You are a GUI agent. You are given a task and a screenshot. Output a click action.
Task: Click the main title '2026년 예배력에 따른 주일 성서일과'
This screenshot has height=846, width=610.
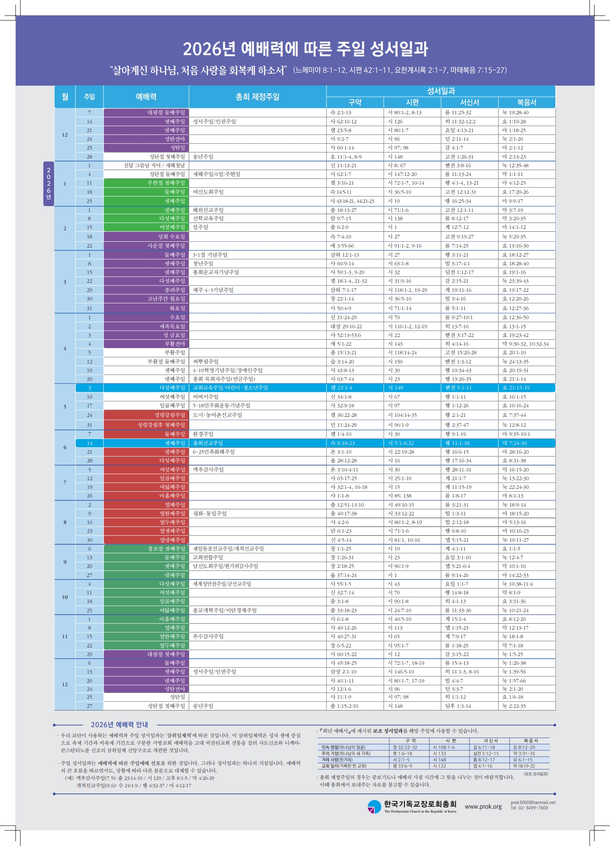point(305,49)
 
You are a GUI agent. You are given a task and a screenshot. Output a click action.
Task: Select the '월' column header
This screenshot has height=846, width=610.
point(65,97)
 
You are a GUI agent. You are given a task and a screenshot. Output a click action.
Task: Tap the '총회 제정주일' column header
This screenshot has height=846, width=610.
point(257,97)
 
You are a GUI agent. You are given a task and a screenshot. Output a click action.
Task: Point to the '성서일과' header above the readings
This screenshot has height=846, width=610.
point(441,91)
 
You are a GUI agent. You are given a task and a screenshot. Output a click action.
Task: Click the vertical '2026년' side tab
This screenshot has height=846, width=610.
point(48,183)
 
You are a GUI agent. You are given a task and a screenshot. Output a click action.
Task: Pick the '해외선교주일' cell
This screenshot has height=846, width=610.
point(208,210)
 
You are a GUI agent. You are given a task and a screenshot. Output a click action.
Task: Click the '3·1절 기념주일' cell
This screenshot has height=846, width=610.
point(210,255)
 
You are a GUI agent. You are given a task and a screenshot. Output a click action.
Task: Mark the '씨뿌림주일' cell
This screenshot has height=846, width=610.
point(206,362)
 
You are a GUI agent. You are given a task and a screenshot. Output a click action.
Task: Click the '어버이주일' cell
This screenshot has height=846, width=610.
point(206,397)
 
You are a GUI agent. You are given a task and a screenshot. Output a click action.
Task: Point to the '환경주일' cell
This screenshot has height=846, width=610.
point(203,434)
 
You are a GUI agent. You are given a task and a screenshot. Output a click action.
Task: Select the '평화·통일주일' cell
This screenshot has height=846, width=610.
point(210,514)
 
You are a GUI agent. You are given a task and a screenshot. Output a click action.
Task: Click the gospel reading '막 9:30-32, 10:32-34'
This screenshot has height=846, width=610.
point(525,344)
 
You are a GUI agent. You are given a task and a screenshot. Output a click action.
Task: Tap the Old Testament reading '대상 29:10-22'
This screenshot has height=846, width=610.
point(346,327)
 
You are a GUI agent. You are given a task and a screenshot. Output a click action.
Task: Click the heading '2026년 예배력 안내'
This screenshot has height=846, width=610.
point(119,725)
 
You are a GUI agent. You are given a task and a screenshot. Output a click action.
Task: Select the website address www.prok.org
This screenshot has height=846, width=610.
point(483,807)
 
